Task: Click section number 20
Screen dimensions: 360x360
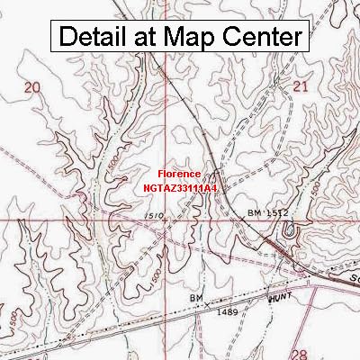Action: pyautogui.click(x=33, y=86)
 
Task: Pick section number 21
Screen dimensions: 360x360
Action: pyautogui.click(x=301, y=86)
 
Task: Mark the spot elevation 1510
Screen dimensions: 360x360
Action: pyautogui.click(x=154, y=216)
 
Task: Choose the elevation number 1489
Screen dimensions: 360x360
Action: pyautogui.click(x=204, y=310)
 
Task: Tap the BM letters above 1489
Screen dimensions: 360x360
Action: pyautogui.click(x=195, y=296)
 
